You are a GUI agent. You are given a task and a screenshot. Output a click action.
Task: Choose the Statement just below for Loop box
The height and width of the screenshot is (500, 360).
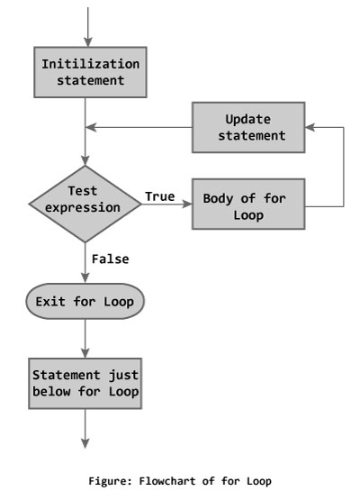coord(87,383)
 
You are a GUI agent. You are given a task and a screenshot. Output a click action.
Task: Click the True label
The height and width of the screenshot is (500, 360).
coord(160,195)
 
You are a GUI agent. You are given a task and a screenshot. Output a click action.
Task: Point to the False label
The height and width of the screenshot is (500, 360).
coord(110,259)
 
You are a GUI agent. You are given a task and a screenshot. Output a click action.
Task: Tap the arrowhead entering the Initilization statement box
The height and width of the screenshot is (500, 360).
coord(87,41)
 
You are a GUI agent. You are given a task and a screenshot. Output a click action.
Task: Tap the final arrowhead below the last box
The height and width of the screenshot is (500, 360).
coord(87,442)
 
